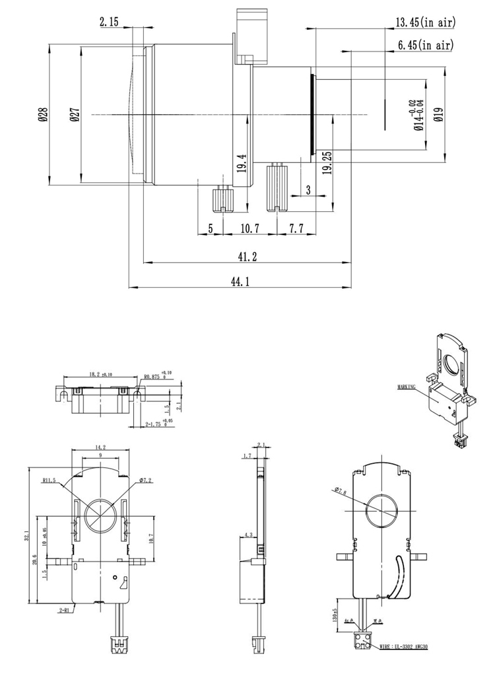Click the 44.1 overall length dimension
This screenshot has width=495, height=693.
coord(239,281)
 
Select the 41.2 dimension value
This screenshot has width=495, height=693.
coord(247,256)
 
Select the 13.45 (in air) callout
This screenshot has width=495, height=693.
coord(426,23)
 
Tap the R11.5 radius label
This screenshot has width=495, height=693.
coord(50,481)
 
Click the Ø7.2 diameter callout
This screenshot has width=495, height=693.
coord(147,481)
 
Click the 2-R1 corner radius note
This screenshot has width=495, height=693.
coord(65,611)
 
